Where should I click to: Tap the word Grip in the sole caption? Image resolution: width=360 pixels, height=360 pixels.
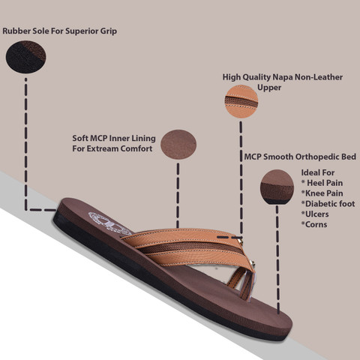(x=109, y=31)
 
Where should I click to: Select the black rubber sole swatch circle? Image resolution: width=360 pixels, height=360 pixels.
(x=25, y=57)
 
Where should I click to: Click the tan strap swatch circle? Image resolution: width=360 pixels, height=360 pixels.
(x=241, y=101)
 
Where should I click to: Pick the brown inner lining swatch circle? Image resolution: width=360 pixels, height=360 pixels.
(x=178, y=145)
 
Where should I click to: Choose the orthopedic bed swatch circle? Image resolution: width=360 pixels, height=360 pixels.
(x=277, y=187)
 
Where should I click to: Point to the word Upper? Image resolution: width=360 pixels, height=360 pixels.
(x=269, y=88)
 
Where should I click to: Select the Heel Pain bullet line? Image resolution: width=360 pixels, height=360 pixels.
(x=322, y=183)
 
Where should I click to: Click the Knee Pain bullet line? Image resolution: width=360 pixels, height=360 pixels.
(x=322, y=193)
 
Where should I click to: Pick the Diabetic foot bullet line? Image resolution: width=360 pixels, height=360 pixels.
(x=328, y=204)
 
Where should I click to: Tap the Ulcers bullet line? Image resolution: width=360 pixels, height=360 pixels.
(x=315, y=214)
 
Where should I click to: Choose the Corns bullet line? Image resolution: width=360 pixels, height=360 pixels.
(x=314, y=224)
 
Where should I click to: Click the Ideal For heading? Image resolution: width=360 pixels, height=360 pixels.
(x=318, y=172)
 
